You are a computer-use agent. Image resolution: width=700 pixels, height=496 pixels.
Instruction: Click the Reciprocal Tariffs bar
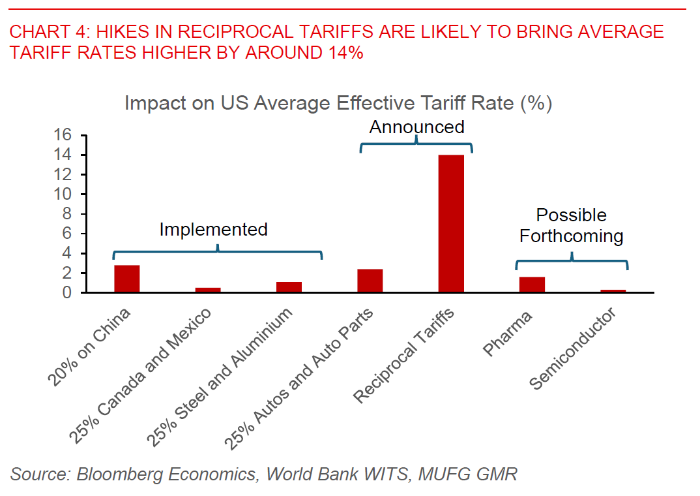coord(451,224)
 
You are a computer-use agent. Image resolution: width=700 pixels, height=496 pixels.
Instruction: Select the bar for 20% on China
coord(127,279)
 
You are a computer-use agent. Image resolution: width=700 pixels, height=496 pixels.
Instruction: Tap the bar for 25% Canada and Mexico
coord(208,290)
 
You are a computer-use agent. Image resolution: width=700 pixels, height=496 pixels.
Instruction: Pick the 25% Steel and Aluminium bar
coord(289,287)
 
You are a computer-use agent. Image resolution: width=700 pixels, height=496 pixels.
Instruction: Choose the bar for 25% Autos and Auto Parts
coord(370,281)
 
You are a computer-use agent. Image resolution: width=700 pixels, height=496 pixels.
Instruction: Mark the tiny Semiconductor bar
coord(613,291)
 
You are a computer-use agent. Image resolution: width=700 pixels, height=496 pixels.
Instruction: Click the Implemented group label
coord(213,230)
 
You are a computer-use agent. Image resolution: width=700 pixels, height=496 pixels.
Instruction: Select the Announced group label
coord(416,127)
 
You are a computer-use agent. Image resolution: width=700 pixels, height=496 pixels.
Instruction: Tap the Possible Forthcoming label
coord(571,225)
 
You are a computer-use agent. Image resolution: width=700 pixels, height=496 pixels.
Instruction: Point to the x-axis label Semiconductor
coord(573,349)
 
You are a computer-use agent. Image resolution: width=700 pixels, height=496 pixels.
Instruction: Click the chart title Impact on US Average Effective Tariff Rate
coord(338,104)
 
